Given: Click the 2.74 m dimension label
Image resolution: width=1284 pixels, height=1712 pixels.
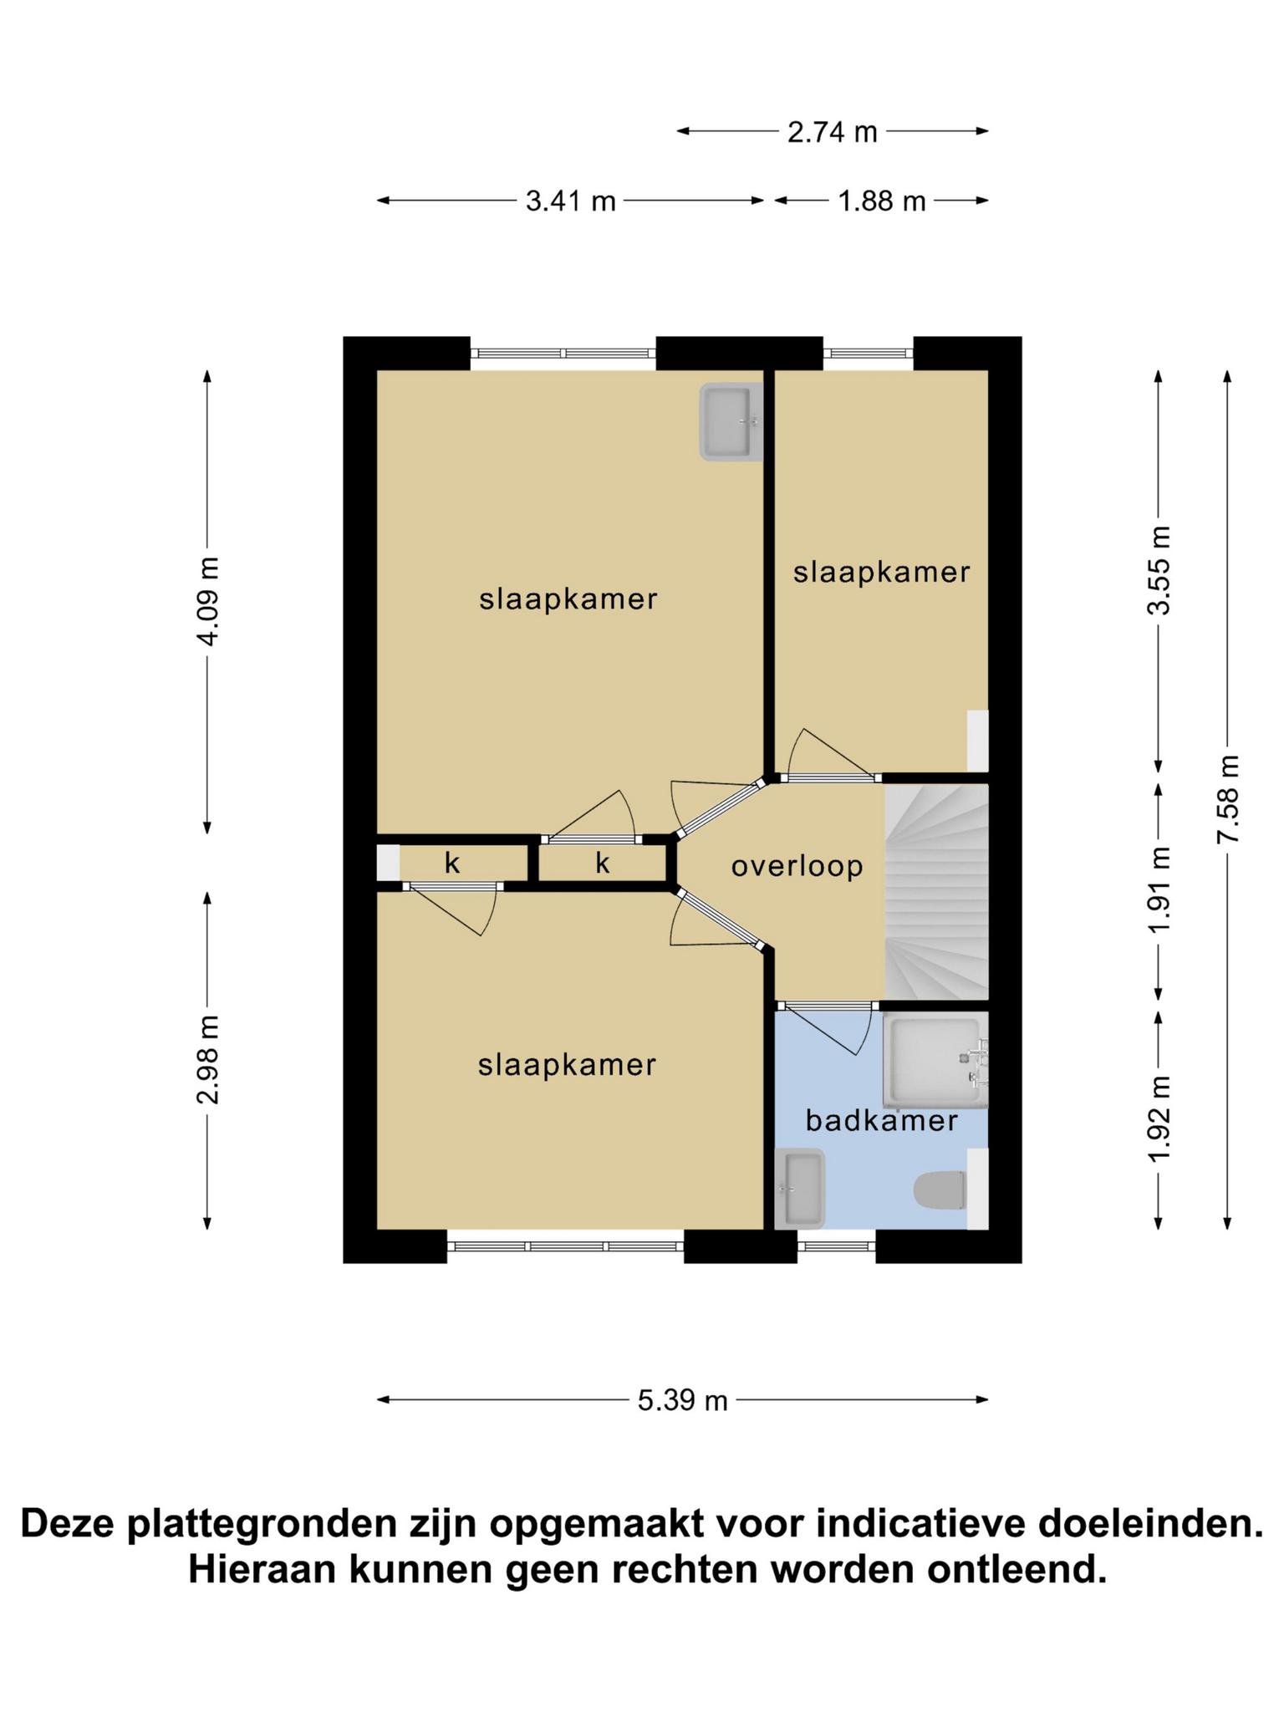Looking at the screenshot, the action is click(x=832, y=132).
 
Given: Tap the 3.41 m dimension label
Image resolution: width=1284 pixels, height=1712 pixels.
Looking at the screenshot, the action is click(x=570, y=201).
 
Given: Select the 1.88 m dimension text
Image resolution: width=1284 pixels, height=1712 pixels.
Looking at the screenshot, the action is click(x=882, y=201).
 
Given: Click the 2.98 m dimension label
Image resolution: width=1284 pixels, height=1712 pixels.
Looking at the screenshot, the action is click(x=209, y=1059).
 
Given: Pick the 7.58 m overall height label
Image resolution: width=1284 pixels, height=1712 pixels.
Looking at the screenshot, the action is click(x=1228, y=799).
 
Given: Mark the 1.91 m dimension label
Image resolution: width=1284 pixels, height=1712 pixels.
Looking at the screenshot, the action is click(x=1159, y=891).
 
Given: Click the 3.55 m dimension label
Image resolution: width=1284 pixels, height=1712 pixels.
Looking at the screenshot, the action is click(x=1159, y=570).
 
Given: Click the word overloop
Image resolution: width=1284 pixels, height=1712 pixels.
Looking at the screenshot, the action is click(x=797, y=866).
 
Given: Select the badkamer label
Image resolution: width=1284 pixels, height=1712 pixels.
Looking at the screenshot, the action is click(x=881, y=1120).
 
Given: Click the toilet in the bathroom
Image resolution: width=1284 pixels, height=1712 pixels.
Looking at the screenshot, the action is click(x=940, y=1190).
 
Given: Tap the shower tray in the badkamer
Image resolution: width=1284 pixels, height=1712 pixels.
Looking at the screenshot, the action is click(x=935, y=1061).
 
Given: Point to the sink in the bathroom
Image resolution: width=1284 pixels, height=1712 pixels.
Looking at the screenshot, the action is click(x=800, y=1189).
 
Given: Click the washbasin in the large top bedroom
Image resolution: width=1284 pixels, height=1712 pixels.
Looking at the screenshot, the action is click(x=731, y=422).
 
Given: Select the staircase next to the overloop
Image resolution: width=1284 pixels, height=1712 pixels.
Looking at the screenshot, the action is click(x=937, y=891).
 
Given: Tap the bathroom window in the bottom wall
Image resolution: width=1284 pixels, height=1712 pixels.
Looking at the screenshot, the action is click(x=836, y=1246).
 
